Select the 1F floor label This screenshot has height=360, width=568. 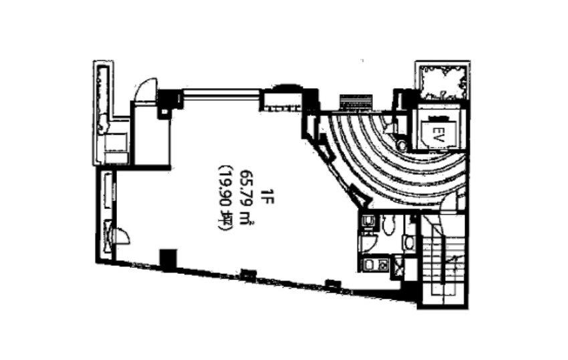pyautogui.click(x=269, y=196)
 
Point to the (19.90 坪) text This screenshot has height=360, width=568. pyautogui.click(x=225, y=198)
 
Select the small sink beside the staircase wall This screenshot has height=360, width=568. pyautogui.click(x=409, y=242)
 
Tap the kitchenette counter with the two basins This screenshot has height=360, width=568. pyautogui.click(x=376, y=265)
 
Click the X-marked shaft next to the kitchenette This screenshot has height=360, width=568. pyautogui.click(x=398, y=266)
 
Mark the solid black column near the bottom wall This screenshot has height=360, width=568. pyautogui.click(x=168, y=259)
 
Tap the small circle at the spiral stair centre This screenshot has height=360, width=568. pyautogui.click(x=402, y=145)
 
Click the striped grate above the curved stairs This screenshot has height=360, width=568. pyautogui.click(x=356, y=102)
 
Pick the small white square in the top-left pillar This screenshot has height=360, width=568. pyautogui.click(x=164, y=112)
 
